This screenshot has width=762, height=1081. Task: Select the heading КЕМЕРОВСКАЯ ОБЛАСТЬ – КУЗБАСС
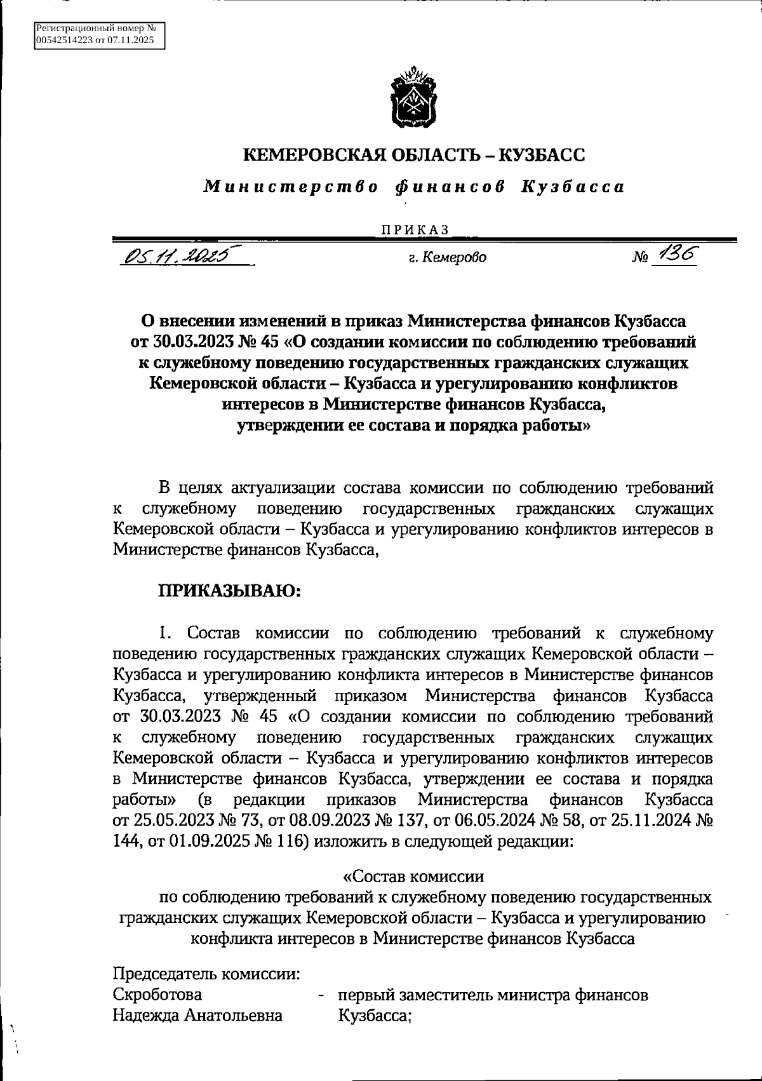[414, 154]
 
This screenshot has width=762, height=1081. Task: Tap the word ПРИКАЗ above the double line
[414, 230]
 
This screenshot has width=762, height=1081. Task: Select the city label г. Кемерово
[448, 258]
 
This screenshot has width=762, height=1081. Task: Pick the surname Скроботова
[157, 995]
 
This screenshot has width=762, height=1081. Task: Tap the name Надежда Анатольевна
[197, 1015]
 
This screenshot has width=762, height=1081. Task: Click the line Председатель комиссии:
[206, 974]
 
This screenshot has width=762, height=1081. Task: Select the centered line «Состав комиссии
[413, 876]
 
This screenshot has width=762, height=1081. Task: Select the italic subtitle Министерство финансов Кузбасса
[414, 187]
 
